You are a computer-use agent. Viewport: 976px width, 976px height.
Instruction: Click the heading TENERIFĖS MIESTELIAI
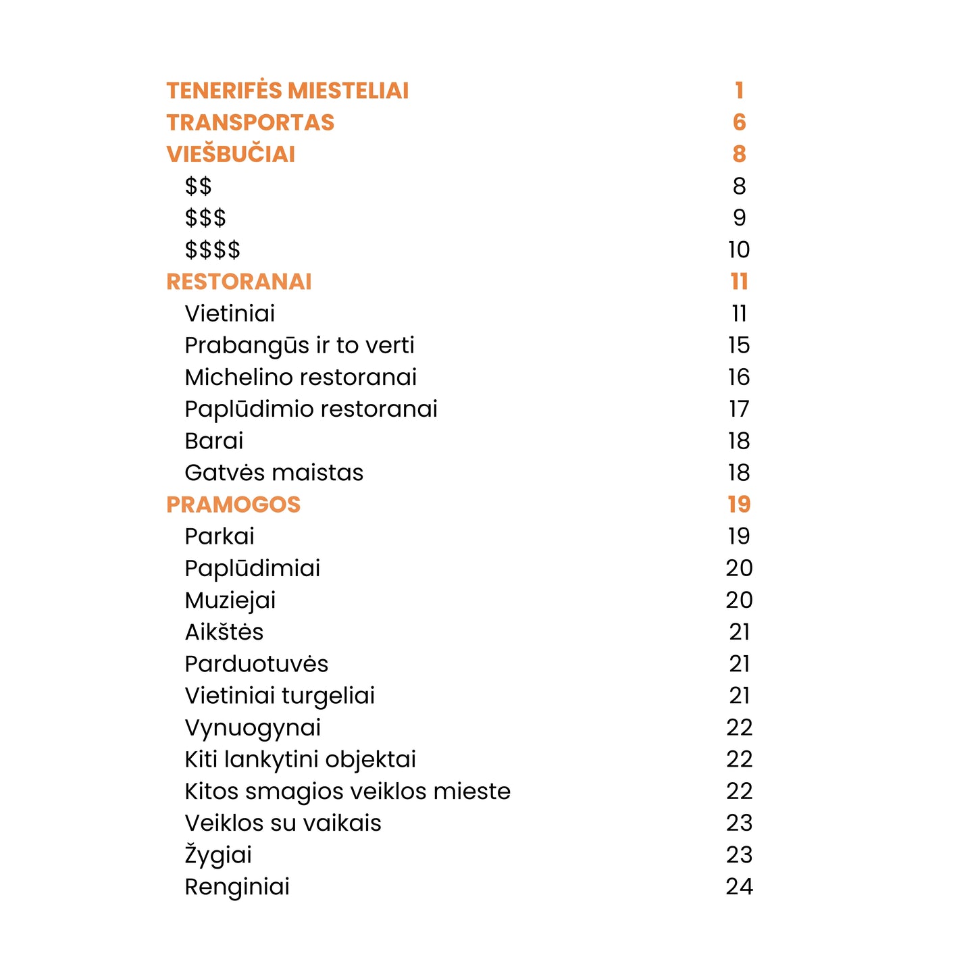click(x=287, y=91)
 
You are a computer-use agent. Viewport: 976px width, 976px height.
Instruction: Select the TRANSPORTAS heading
click(x=250, y=122)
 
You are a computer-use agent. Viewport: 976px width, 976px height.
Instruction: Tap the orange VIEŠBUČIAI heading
click(x=230, y=154)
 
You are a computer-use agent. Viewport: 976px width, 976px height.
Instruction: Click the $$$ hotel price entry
click(x=205, y=218)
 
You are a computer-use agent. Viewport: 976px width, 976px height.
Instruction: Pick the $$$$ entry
click(x=212, y=250)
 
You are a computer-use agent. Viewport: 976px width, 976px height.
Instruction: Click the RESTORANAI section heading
click(x=238, y=282)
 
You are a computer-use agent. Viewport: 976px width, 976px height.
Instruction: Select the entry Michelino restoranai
click(x=301, y=377)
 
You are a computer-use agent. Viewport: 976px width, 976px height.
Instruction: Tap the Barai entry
click(x=213, y=441)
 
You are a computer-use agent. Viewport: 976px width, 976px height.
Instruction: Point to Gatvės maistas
click(x=274, y=473)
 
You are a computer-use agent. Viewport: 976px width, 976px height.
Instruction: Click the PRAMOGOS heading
click(x=233, y=505)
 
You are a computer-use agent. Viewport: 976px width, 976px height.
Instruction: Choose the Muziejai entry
click(x=230, y=600)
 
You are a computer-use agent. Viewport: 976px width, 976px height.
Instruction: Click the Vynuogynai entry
click(x=253, y=727)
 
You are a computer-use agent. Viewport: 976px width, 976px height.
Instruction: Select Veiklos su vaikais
click(x=283, y=823)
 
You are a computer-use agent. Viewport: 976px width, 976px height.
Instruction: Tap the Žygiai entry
click(x=218, y=855)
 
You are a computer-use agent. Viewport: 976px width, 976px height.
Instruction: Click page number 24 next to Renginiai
click(x=739, y=887)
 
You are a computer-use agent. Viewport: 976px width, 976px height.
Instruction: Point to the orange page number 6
click(x=739, y=122)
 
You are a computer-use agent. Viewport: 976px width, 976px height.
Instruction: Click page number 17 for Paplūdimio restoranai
click(x=739, y=409)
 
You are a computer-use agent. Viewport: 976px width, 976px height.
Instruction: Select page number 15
click(x=739, y=345)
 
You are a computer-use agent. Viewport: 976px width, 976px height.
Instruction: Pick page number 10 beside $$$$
click(x=739, y=250)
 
